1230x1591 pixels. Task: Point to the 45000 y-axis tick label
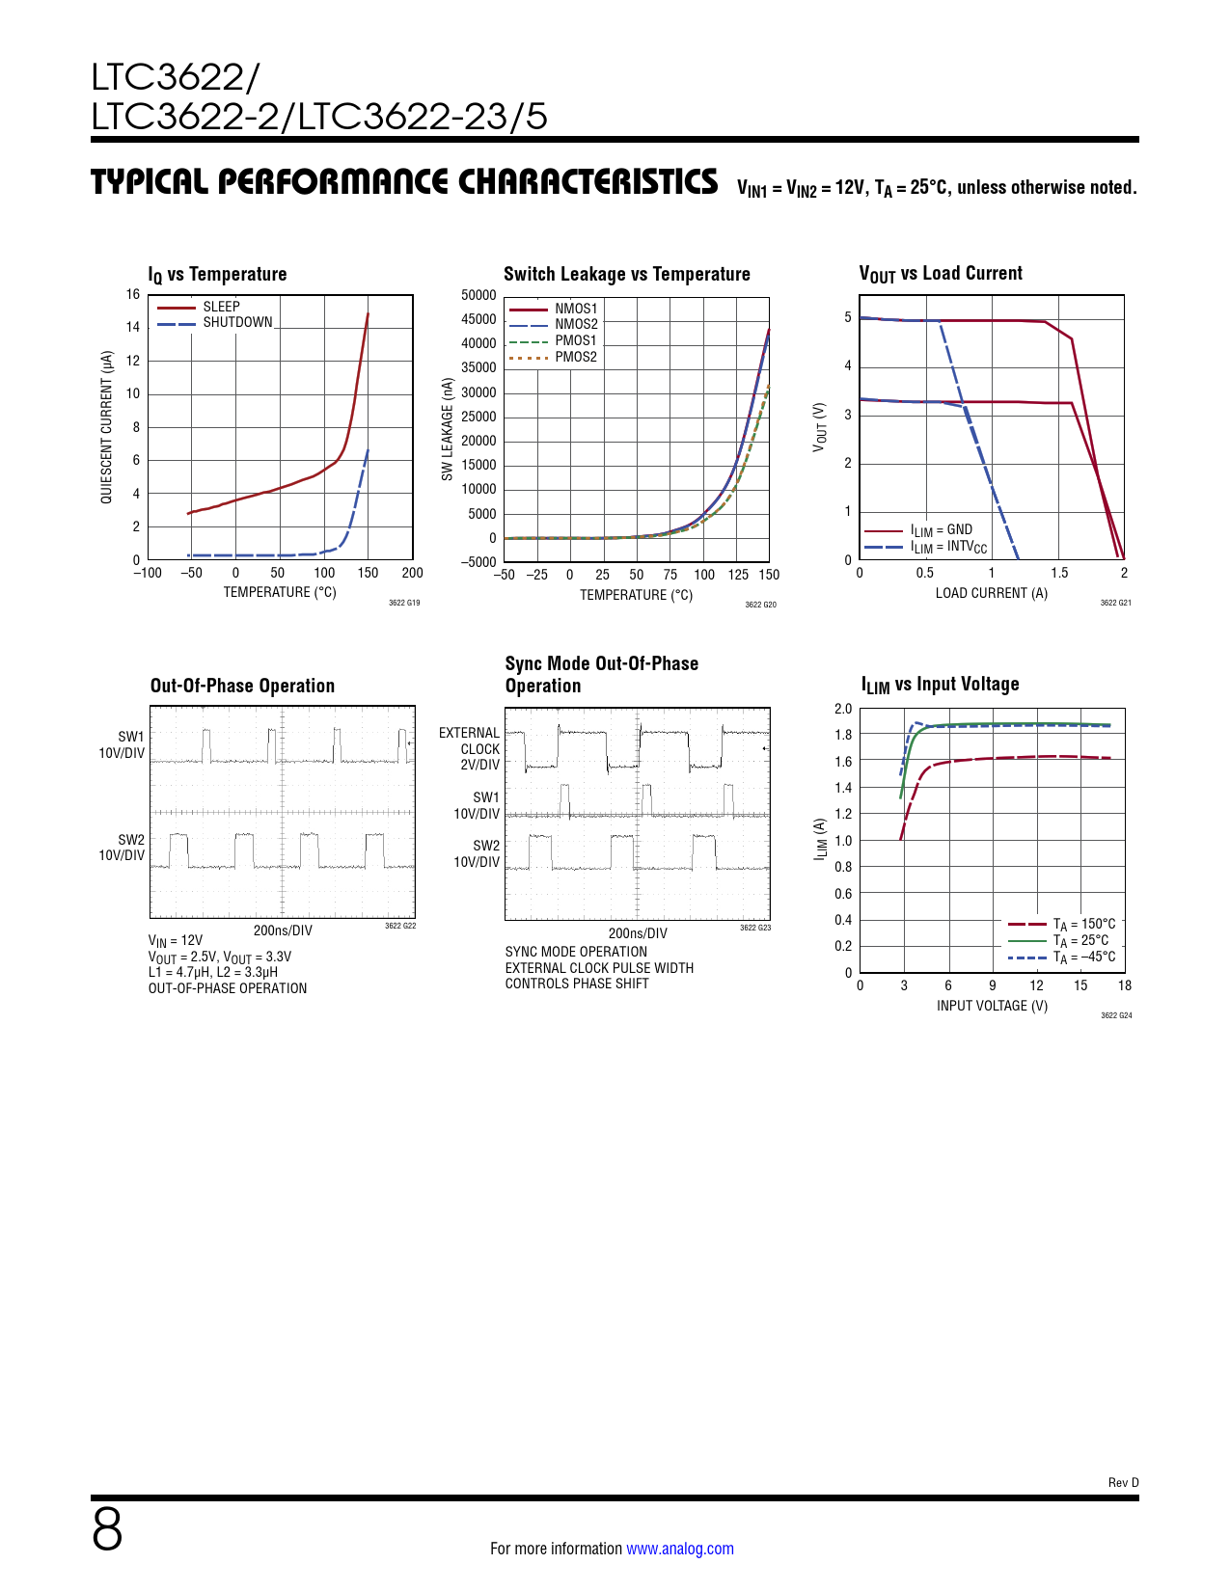click(478, 319)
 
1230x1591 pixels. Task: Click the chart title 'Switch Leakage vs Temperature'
click(626, 274)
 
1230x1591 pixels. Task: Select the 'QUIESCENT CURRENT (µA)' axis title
click(106, 426)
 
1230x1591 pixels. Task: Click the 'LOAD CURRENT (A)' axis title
click(991, 593)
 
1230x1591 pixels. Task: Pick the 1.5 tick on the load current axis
click(1059, 573)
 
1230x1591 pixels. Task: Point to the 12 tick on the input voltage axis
click(1036, 985)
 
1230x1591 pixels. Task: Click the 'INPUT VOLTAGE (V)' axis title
click(992, 1006)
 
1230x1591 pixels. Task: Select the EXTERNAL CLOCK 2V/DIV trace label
click(470, 748)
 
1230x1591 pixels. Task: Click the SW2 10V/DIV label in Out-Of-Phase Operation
click(123, 848)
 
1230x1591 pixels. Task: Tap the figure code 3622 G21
click(1115, 603)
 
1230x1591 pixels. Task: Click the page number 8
click(107, 1529)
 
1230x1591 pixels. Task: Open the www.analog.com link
click(679, 1549)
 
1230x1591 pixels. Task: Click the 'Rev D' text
click(1123, 1482)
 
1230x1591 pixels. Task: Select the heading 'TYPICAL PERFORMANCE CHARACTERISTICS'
click(404, 181)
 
